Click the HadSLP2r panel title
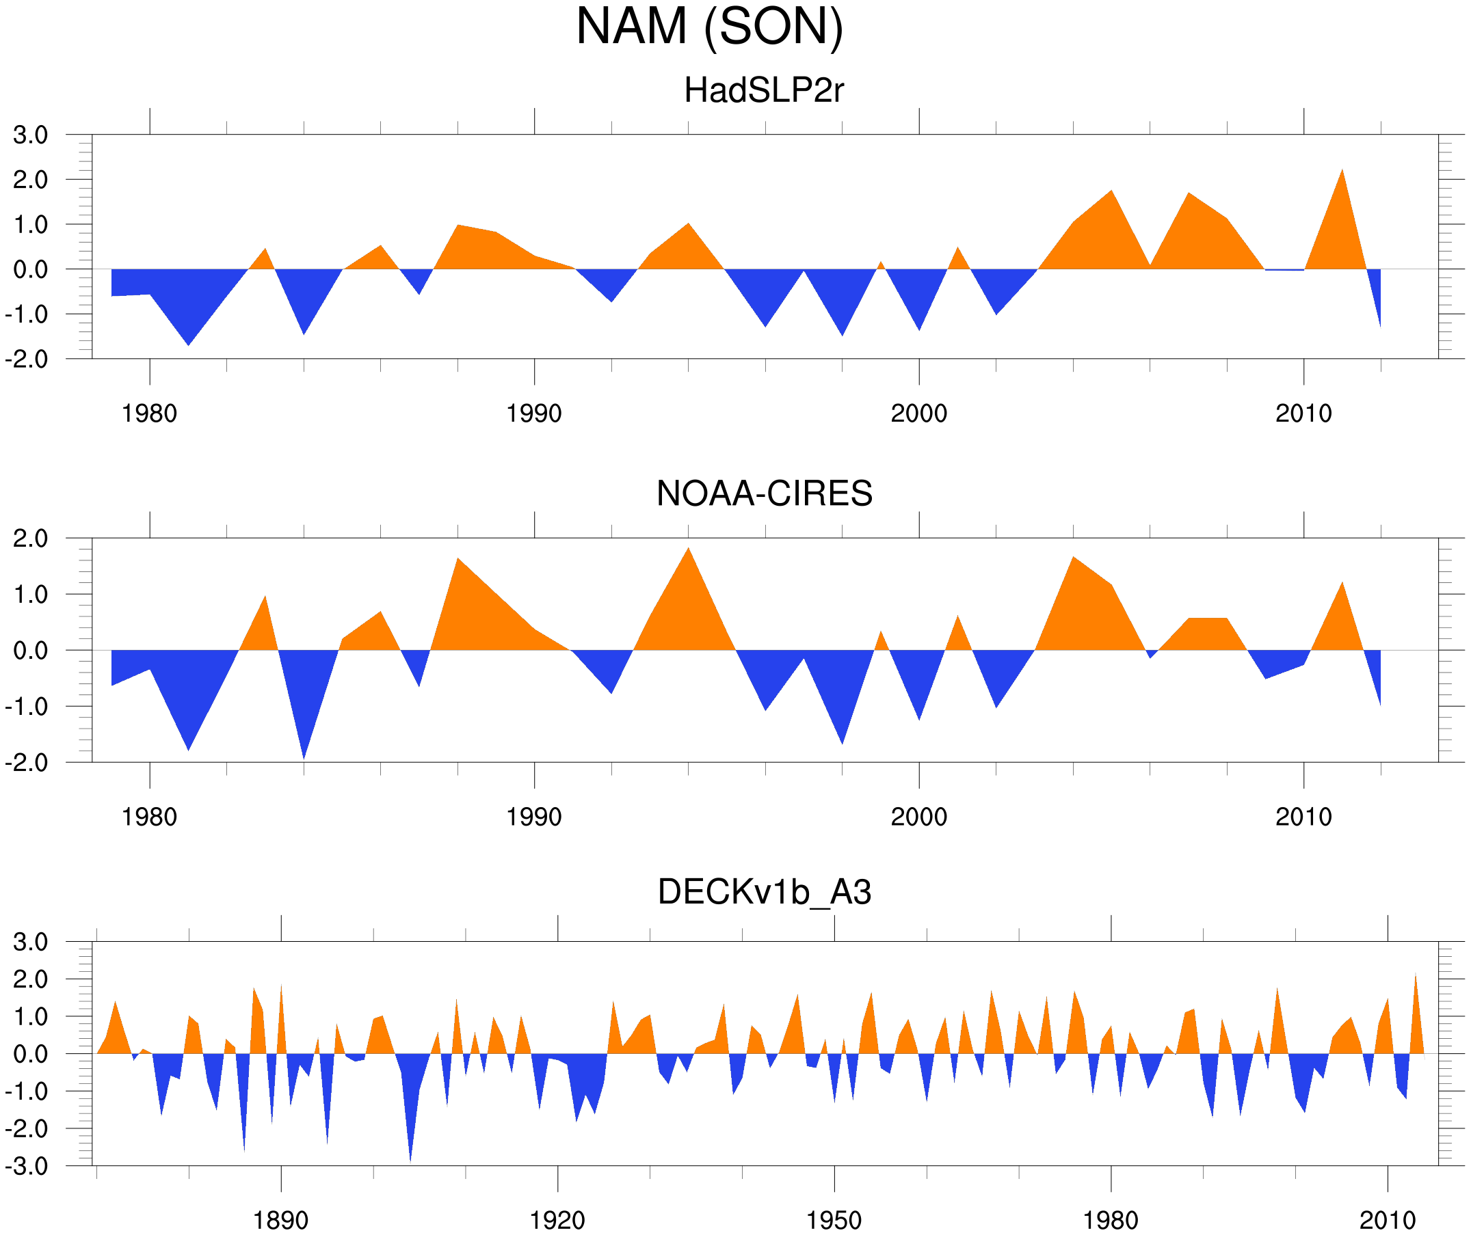coord(763,91)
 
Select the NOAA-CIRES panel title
coord(763,494)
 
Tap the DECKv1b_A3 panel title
coord(763,893)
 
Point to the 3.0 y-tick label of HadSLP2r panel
coord(30,135)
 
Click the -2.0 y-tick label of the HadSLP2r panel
coord(27,360)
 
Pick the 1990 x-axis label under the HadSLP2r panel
coord(534,413)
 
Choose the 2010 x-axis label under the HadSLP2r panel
coord(1303,413)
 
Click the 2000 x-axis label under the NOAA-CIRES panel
coord(918,817)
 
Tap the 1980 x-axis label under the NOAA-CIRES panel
coord(149,817)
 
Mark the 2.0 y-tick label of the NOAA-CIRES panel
coord(30,539)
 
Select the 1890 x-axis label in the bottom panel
coord(280,1220)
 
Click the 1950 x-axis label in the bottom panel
coord(834,1220)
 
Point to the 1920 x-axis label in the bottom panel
coord(557,1220)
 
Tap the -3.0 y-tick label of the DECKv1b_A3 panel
coord(27,1167)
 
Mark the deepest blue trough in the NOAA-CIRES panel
coord(304,756)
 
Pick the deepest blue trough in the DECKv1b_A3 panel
coord(410,1158)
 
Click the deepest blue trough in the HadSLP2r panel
coord(188,343)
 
